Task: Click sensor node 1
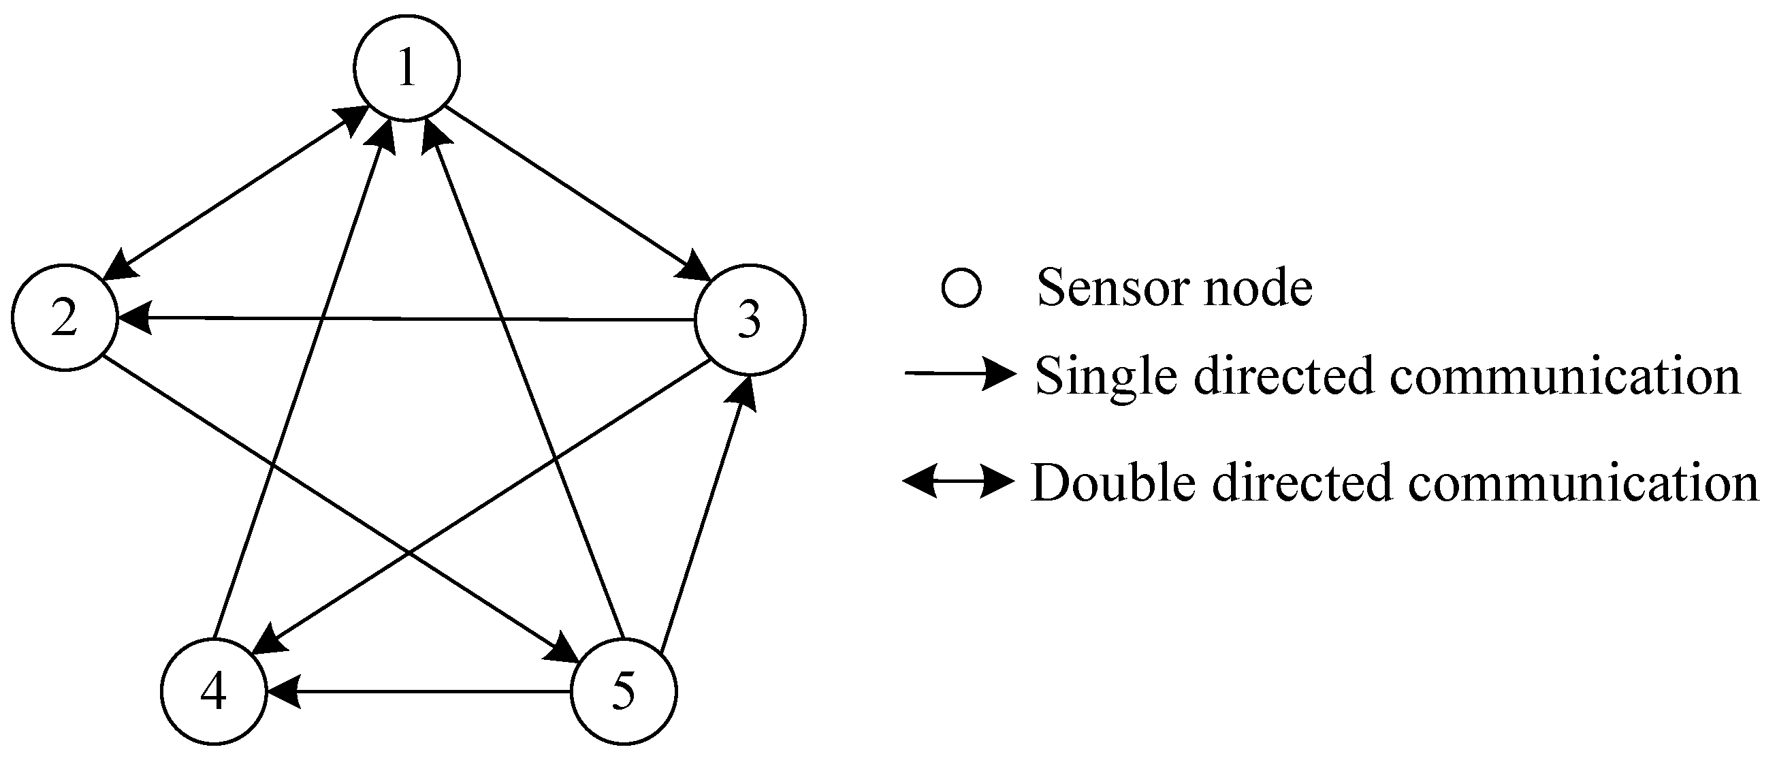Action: click(406, 67)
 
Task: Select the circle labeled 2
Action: click(65, 318)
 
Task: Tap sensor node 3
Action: click(750, 319)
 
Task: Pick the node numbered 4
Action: click(214, 691)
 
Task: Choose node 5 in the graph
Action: click(624, 691)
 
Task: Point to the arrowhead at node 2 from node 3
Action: click(135, 318)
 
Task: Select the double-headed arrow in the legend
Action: click(959, 481)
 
